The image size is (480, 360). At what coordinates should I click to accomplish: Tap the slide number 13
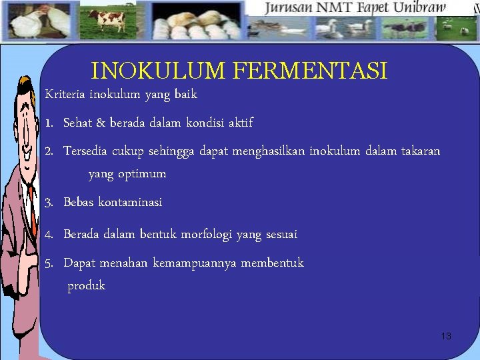click(446, 336)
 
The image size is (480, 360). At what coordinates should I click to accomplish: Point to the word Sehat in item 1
click(79, 123)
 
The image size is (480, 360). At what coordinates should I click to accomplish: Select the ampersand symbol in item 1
click(101, 123)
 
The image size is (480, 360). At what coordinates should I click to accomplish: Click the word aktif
click(241, 123)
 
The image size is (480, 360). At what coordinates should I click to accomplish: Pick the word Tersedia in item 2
click(86, 151)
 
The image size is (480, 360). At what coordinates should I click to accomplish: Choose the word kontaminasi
click(130, 202)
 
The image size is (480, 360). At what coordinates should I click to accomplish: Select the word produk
click(86, 286)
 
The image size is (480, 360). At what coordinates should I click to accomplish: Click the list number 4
click(49, 235)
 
